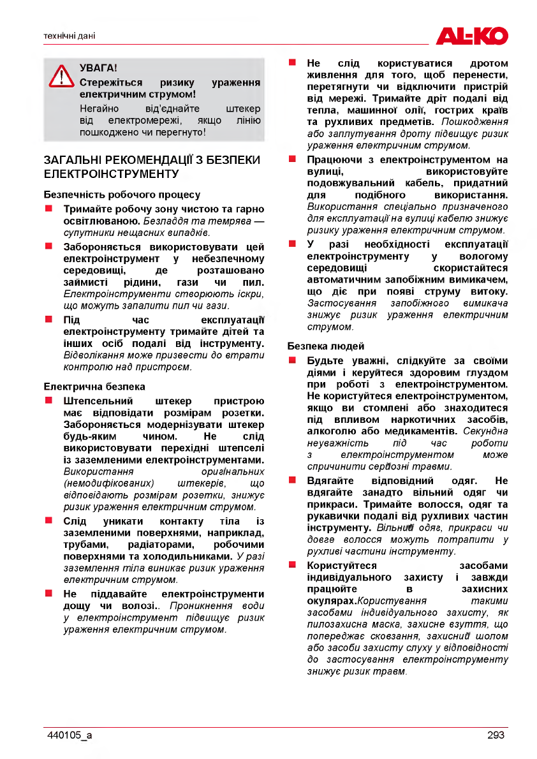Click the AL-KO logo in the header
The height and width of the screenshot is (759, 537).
tap(471, 36)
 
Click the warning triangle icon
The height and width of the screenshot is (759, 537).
tap(61, 76)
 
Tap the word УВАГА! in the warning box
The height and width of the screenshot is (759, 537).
tap(98, 68)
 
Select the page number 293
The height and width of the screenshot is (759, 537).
tap(496, 735)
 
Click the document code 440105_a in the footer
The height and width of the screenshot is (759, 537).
tap(70, 735)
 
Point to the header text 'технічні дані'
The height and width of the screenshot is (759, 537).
tap(69, 36)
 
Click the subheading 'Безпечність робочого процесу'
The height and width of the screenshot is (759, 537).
tap(122, 195)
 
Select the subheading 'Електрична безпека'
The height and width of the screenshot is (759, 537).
tap(94, 387)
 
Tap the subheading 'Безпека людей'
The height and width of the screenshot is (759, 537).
tap(326, 346)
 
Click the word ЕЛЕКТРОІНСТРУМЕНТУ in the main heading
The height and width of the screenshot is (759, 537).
tap(110, 173)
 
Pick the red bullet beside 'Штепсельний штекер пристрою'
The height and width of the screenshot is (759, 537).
tap(48, 401)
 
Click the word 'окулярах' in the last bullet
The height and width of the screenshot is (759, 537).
tap(331, 601)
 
